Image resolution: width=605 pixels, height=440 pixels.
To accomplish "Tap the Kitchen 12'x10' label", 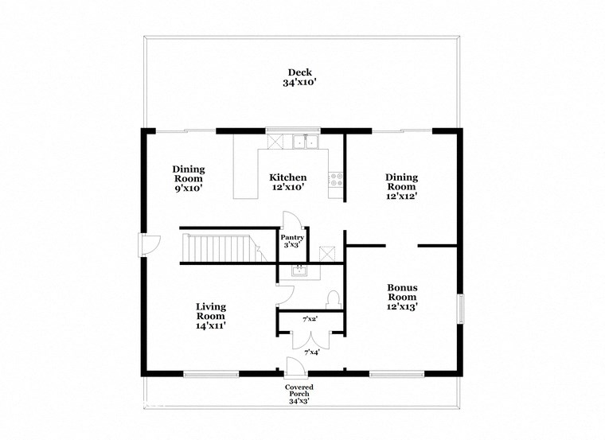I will coord(287,182).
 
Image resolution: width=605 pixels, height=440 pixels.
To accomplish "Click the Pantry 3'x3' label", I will coord(292,241).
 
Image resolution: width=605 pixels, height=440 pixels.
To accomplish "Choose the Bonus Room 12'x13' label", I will coord(402,297).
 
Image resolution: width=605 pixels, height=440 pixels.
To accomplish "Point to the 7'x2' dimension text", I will coord(310,320).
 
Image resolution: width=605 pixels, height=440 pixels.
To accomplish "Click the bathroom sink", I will coord(299,271).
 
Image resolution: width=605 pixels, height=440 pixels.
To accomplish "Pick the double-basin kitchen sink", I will coord(305,142).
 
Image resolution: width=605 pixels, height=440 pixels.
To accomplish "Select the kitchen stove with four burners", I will coord(336,180).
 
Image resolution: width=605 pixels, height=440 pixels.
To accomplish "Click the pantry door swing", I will coord(290,220).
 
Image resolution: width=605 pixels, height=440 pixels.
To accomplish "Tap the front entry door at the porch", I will coord(294,365).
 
